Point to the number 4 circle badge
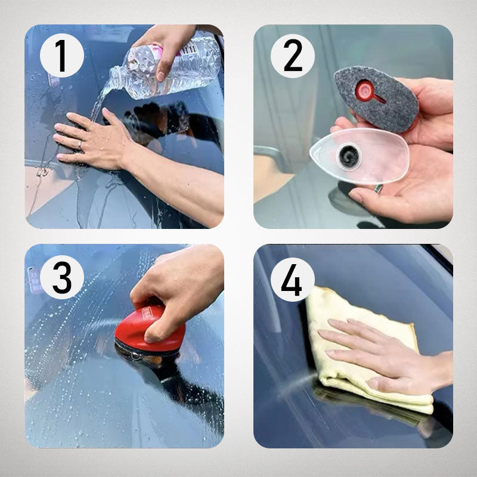(293, 278)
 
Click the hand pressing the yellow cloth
(382, 355)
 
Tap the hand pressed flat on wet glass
(95, 140)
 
